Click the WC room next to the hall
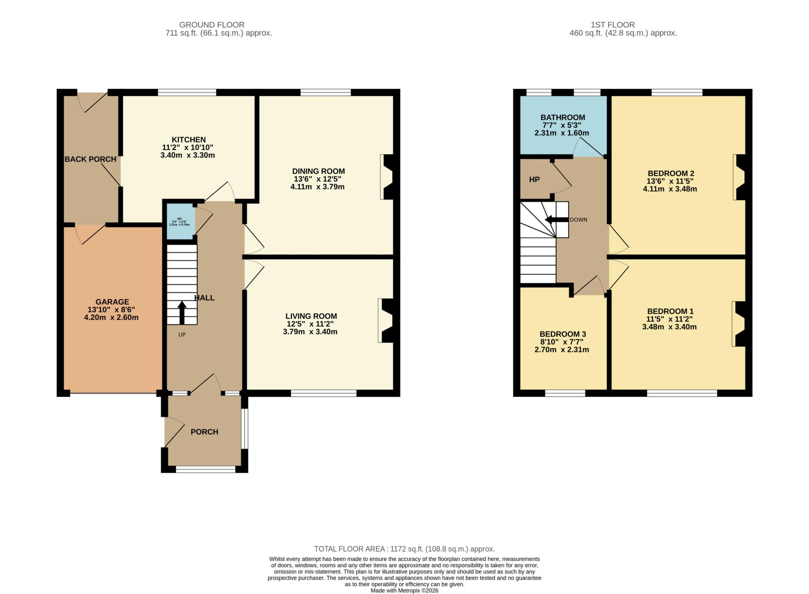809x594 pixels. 180,222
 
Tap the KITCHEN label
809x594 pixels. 188,140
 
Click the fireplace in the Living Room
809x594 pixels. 386,320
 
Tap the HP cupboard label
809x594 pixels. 534,180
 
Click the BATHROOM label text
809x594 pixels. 563,118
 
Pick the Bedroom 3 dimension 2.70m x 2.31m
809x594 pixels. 561,350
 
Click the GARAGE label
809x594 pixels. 112,302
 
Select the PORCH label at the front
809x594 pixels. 204,432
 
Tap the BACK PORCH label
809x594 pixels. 90,159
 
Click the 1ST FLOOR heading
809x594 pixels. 612,25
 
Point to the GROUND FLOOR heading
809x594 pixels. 212,25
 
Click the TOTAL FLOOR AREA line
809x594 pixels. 404,549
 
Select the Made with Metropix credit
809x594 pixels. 404,590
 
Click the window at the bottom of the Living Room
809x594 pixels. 324,393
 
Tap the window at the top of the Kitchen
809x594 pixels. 187,92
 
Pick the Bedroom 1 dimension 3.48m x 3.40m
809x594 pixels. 669,327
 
